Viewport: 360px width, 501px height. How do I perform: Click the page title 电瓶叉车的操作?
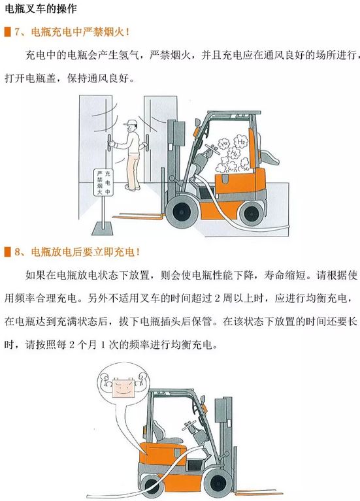[x=41, y=8]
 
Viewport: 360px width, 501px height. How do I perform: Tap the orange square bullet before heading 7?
[x=7, y=32]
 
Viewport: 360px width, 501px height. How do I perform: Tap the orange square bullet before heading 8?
[x=7, y=252]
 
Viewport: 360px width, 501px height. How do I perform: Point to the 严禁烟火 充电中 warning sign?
[x=103, y=182]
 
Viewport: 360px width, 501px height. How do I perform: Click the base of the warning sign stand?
[x=103, y=228]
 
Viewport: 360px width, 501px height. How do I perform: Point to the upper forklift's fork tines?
[x=138, y=216]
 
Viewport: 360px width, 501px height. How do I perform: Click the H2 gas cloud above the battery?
[x=233, y=154]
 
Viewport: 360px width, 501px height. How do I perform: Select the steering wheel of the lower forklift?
[x=189, y=425]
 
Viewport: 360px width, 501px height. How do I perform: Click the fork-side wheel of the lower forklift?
[x=218, y=482]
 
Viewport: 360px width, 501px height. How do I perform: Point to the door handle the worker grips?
[x=110, y=143]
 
